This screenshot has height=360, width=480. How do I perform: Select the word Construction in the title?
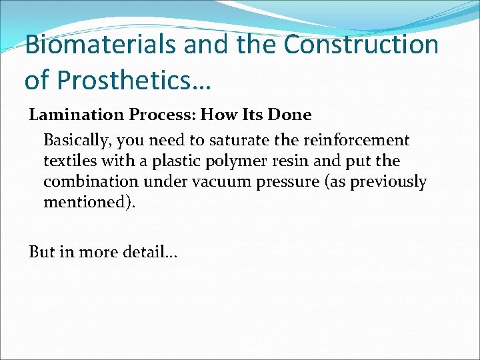[x=361, y=45]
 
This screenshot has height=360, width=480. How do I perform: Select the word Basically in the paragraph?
[x=76, y=141]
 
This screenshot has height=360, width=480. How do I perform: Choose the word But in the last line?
[x=40, y=251]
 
